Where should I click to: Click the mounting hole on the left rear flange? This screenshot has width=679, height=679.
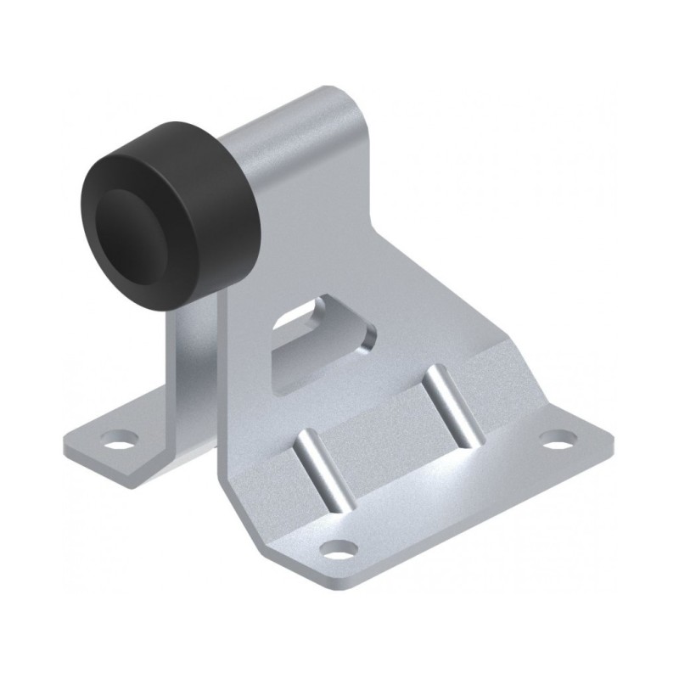pyautogui.click(x=118, y=441)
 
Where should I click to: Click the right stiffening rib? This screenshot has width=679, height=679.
pyautogui.click(x=455, y=406)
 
